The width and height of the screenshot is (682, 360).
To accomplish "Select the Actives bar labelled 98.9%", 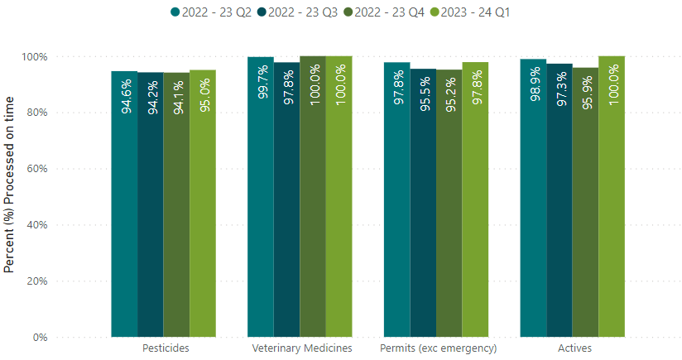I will pyautogui.click(x=533, y=199).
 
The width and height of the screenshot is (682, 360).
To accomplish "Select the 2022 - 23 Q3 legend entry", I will pyautogui.click(x=289, y=12).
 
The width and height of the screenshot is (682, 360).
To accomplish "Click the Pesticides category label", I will pyautogui.click(x=166, y=348).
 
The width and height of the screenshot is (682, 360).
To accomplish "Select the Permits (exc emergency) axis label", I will pyautogui.click(x=437, y=348).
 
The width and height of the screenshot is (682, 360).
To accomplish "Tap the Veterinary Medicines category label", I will pyautogui.click(x=301, y=348).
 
